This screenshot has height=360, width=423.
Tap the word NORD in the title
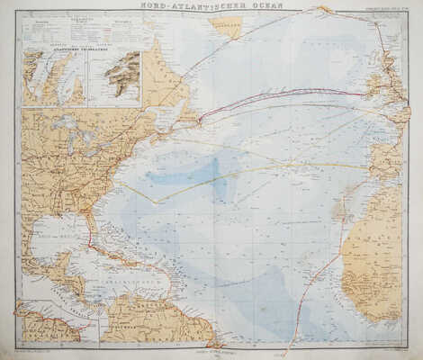157,7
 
